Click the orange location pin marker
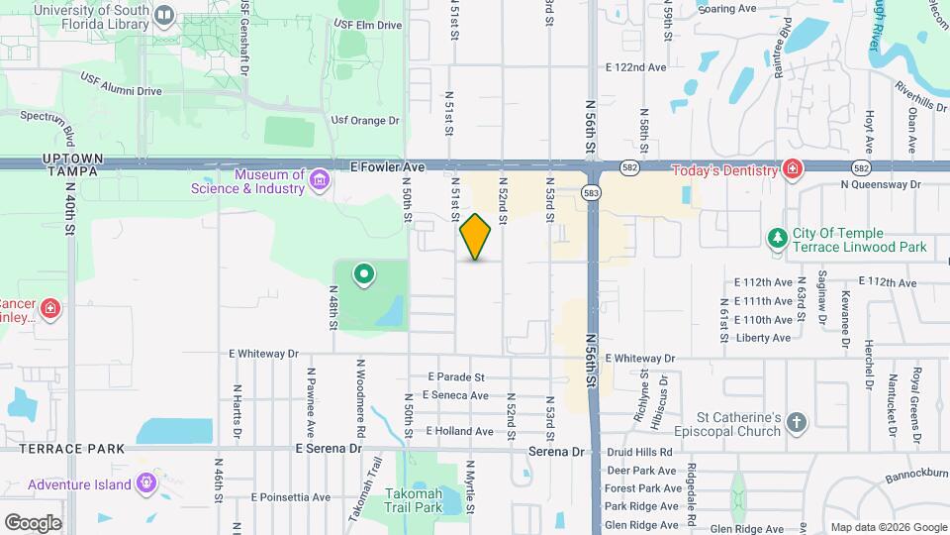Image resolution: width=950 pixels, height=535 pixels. click(476, 237)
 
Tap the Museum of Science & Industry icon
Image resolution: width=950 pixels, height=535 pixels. click(319, 181)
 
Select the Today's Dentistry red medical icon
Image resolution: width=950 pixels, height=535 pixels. click(792, 170)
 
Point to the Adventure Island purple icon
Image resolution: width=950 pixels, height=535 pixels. click(147, 484)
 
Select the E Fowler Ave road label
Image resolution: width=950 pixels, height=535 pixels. click(387, 168)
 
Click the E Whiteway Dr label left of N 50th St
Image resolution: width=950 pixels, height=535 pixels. click(263, 353)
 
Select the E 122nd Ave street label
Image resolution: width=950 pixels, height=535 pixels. click(636, 67)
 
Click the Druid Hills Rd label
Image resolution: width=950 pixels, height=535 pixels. click(639, 452)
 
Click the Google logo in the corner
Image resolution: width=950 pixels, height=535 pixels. click(33, 522)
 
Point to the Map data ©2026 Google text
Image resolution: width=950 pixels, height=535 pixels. click(887, 527)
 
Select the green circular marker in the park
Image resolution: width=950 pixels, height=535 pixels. click(364, 274)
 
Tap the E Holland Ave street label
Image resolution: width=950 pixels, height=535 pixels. click(459, 431)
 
